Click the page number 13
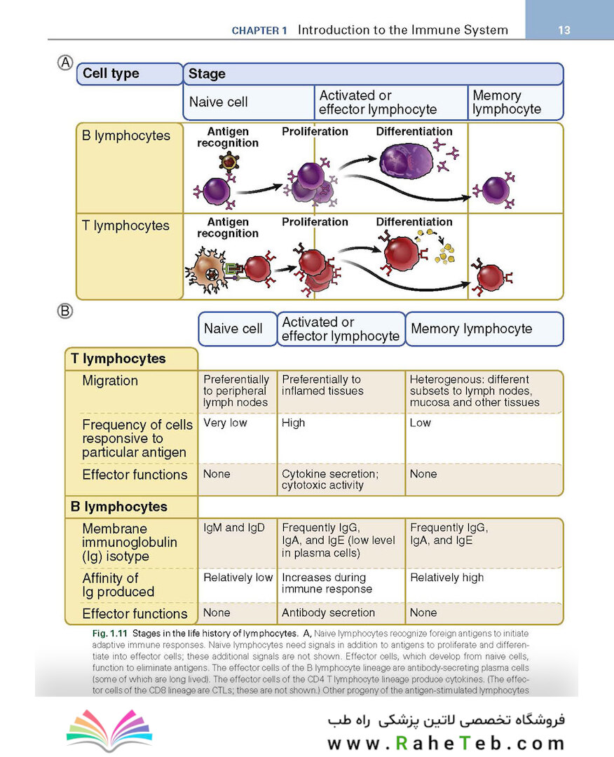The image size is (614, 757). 564,30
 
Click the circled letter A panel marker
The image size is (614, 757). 65,63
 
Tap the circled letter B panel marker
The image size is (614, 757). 65,311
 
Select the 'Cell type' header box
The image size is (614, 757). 130,74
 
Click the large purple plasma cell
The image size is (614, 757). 407,162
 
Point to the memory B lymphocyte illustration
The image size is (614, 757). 494,190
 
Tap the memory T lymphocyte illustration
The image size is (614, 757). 491,277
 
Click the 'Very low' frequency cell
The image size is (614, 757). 225,423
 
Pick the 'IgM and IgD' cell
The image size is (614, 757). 233,528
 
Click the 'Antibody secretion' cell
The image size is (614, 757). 328,613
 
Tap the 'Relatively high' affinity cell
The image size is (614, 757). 446,578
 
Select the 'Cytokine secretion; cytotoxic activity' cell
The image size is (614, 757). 330,479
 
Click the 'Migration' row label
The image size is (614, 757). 110,381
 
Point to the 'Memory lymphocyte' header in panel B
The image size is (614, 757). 472,329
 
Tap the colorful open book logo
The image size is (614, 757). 109,730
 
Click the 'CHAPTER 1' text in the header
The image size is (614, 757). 259,30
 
